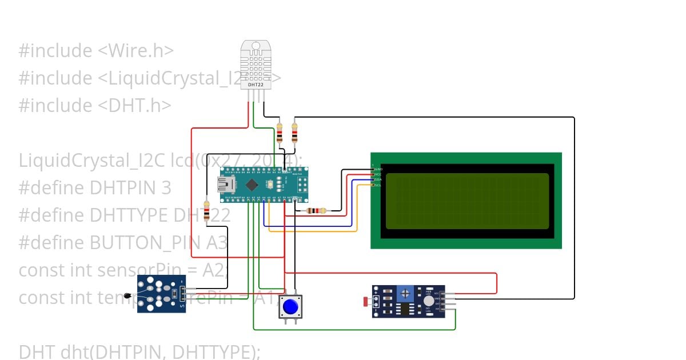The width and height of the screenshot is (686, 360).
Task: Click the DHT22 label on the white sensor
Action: [x=256, y=84]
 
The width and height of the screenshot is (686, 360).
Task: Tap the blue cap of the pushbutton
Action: [x=291, y=307]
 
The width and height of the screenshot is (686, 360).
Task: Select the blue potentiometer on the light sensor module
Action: [x=405, y=294]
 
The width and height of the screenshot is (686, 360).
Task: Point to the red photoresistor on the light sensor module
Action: [x=366, y=301]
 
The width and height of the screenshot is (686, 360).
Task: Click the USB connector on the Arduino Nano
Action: [x=224, y=184]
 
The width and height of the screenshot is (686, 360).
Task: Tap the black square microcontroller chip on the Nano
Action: [x=252, y=184]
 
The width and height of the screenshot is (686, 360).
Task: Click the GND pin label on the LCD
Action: [x=378, y=169]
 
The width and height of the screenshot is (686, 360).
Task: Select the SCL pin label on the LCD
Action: [x=378, y=185]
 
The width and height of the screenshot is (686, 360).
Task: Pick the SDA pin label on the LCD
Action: [x=378, y=179]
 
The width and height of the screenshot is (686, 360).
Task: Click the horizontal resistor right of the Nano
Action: [x=316, y=210]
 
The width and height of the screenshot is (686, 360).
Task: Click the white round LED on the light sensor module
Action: [x=428, y=301]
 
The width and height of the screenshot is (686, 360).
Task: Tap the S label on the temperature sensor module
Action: [x=182, y=307]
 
